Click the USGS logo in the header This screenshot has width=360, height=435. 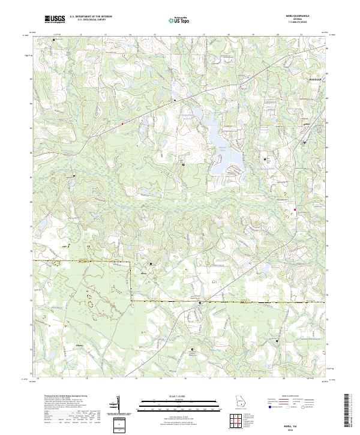55,20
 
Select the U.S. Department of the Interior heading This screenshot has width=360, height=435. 91,17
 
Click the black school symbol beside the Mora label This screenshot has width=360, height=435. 151,263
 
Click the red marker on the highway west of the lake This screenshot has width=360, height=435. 122,124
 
